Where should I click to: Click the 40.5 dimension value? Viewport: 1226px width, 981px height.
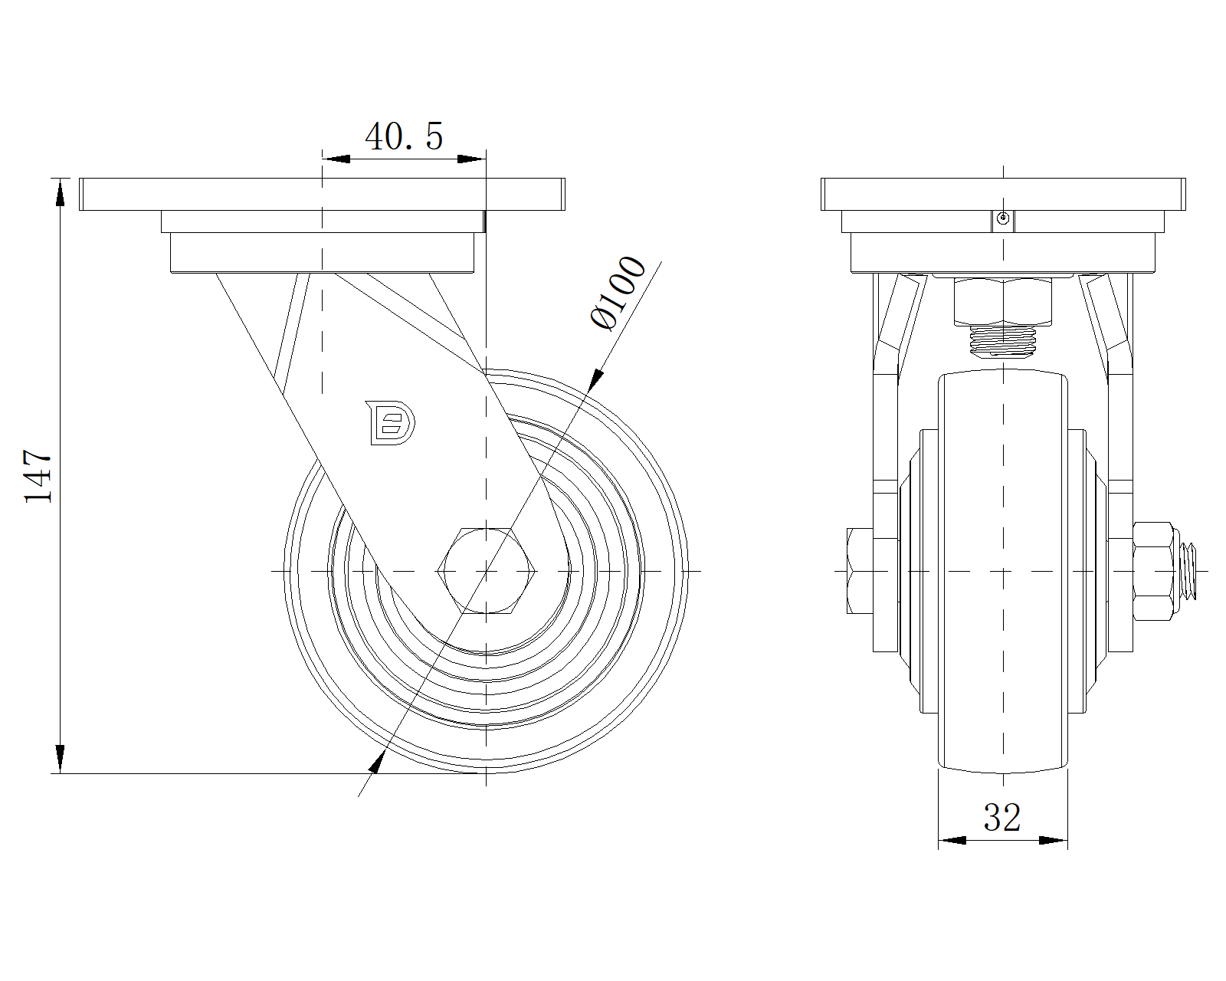click(x=404, y=137)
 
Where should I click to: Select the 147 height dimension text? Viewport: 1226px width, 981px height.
click(x=38, y=476)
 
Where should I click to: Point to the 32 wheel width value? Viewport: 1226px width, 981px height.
click(x=1002, y=818)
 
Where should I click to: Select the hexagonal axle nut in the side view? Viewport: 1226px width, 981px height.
click(x=487, y=571)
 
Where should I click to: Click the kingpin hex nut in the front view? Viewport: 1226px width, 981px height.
click(x=1002, y=301)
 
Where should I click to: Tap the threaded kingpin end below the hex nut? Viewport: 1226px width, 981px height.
click(x=1002, y=341)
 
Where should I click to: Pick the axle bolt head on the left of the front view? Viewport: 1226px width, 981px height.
click(x=860, y=571)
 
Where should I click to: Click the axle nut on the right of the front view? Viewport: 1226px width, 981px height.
click(x=1153, y=571)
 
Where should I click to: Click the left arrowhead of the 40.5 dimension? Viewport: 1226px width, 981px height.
click(x=336, y=159)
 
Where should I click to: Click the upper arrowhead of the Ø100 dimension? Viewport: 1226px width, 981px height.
click(x=595, y=379)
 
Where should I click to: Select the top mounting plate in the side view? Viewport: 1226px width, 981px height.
click(x=322, y=194)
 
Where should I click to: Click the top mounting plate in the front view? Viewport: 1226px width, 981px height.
click(x=1003, y=194)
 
